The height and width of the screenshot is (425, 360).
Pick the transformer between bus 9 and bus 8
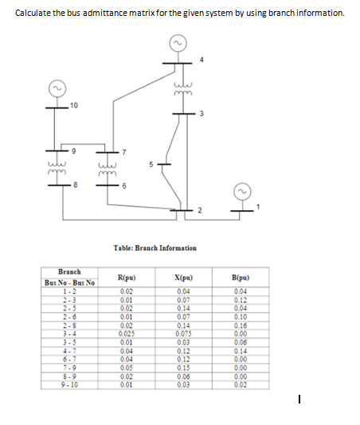(x=57, y=168)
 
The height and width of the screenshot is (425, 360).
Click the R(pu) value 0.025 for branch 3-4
(x=130, y=332)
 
